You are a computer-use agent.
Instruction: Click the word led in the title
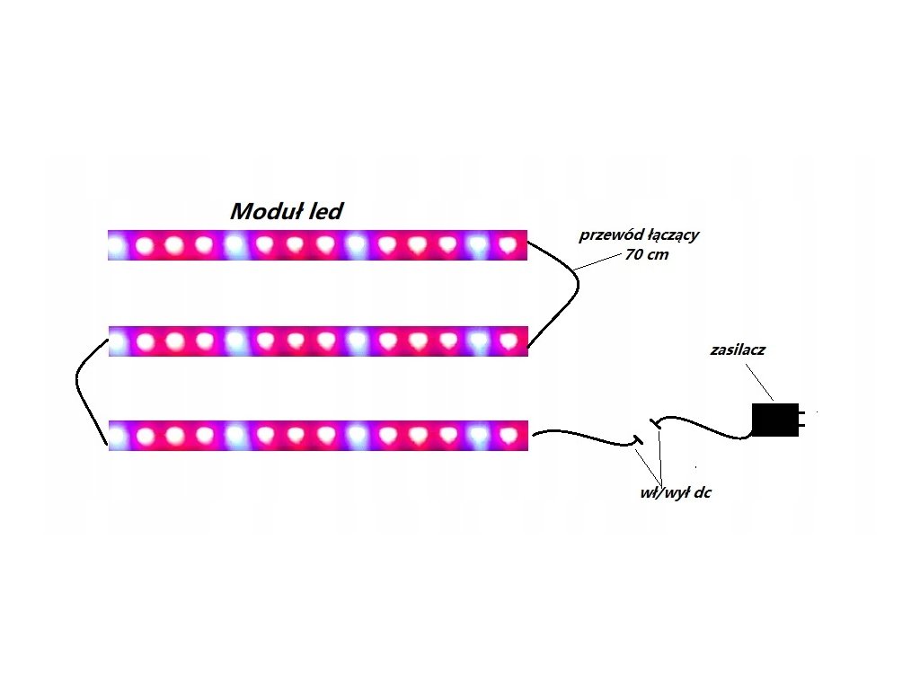tap(324, 212)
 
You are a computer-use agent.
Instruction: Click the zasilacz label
tap(737, 349)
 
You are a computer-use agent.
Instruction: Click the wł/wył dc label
tap(669, 493)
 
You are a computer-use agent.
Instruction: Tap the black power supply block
tap(774, 420)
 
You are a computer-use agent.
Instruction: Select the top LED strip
tap(318, 244)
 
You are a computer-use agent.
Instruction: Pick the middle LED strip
tap(318, 341)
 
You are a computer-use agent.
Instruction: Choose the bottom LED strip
tap(318, 436)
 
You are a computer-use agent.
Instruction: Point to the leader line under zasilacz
tap(758, 382)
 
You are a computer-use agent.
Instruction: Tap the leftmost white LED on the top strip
tap(117, 244)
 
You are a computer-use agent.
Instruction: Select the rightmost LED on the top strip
tap(509, 243)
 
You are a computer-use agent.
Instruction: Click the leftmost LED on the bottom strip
tap(117, 436)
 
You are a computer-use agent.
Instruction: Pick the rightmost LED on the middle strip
tap(509, 341)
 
